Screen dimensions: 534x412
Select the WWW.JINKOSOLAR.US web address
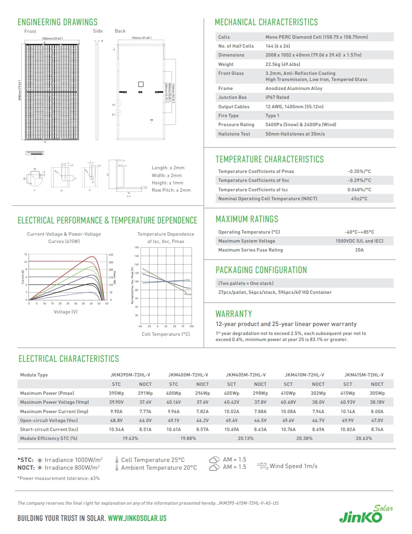137,518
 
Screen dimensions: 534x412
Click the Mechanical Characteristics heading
266,22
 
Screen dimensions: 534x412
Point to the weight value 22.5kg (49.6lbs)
282,64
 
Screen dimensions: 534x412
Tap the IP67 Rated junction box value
277,97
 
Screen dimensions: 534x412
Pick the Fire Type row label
228,116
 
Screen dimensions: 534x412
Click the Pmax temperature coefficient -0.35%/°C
359,171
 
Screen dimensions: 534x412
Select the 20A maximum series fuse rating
359,250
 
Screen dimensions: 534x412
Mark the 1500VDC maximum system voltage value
359,241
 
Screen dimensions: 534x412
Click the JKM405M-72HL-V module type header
245,375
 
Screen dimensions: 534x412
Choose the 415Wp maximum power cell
347,393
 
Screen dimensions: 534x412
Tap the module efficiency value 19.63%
130,438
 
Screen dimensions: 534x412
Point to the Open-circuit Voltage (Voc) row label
48,420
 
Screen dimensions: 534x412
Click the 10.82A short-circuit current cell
348,429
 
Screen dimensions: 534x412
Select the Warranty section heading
234,314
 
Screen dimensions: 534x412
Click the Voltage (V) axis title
65,312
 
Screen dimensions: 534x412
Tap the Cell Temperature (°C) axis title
165,334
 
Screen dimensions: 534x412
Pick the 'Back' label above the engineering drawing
120,31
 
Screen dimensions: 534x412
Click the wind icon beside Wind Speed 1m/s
262,466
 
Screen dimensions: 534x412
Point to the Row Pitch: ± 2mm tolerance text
171,190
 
